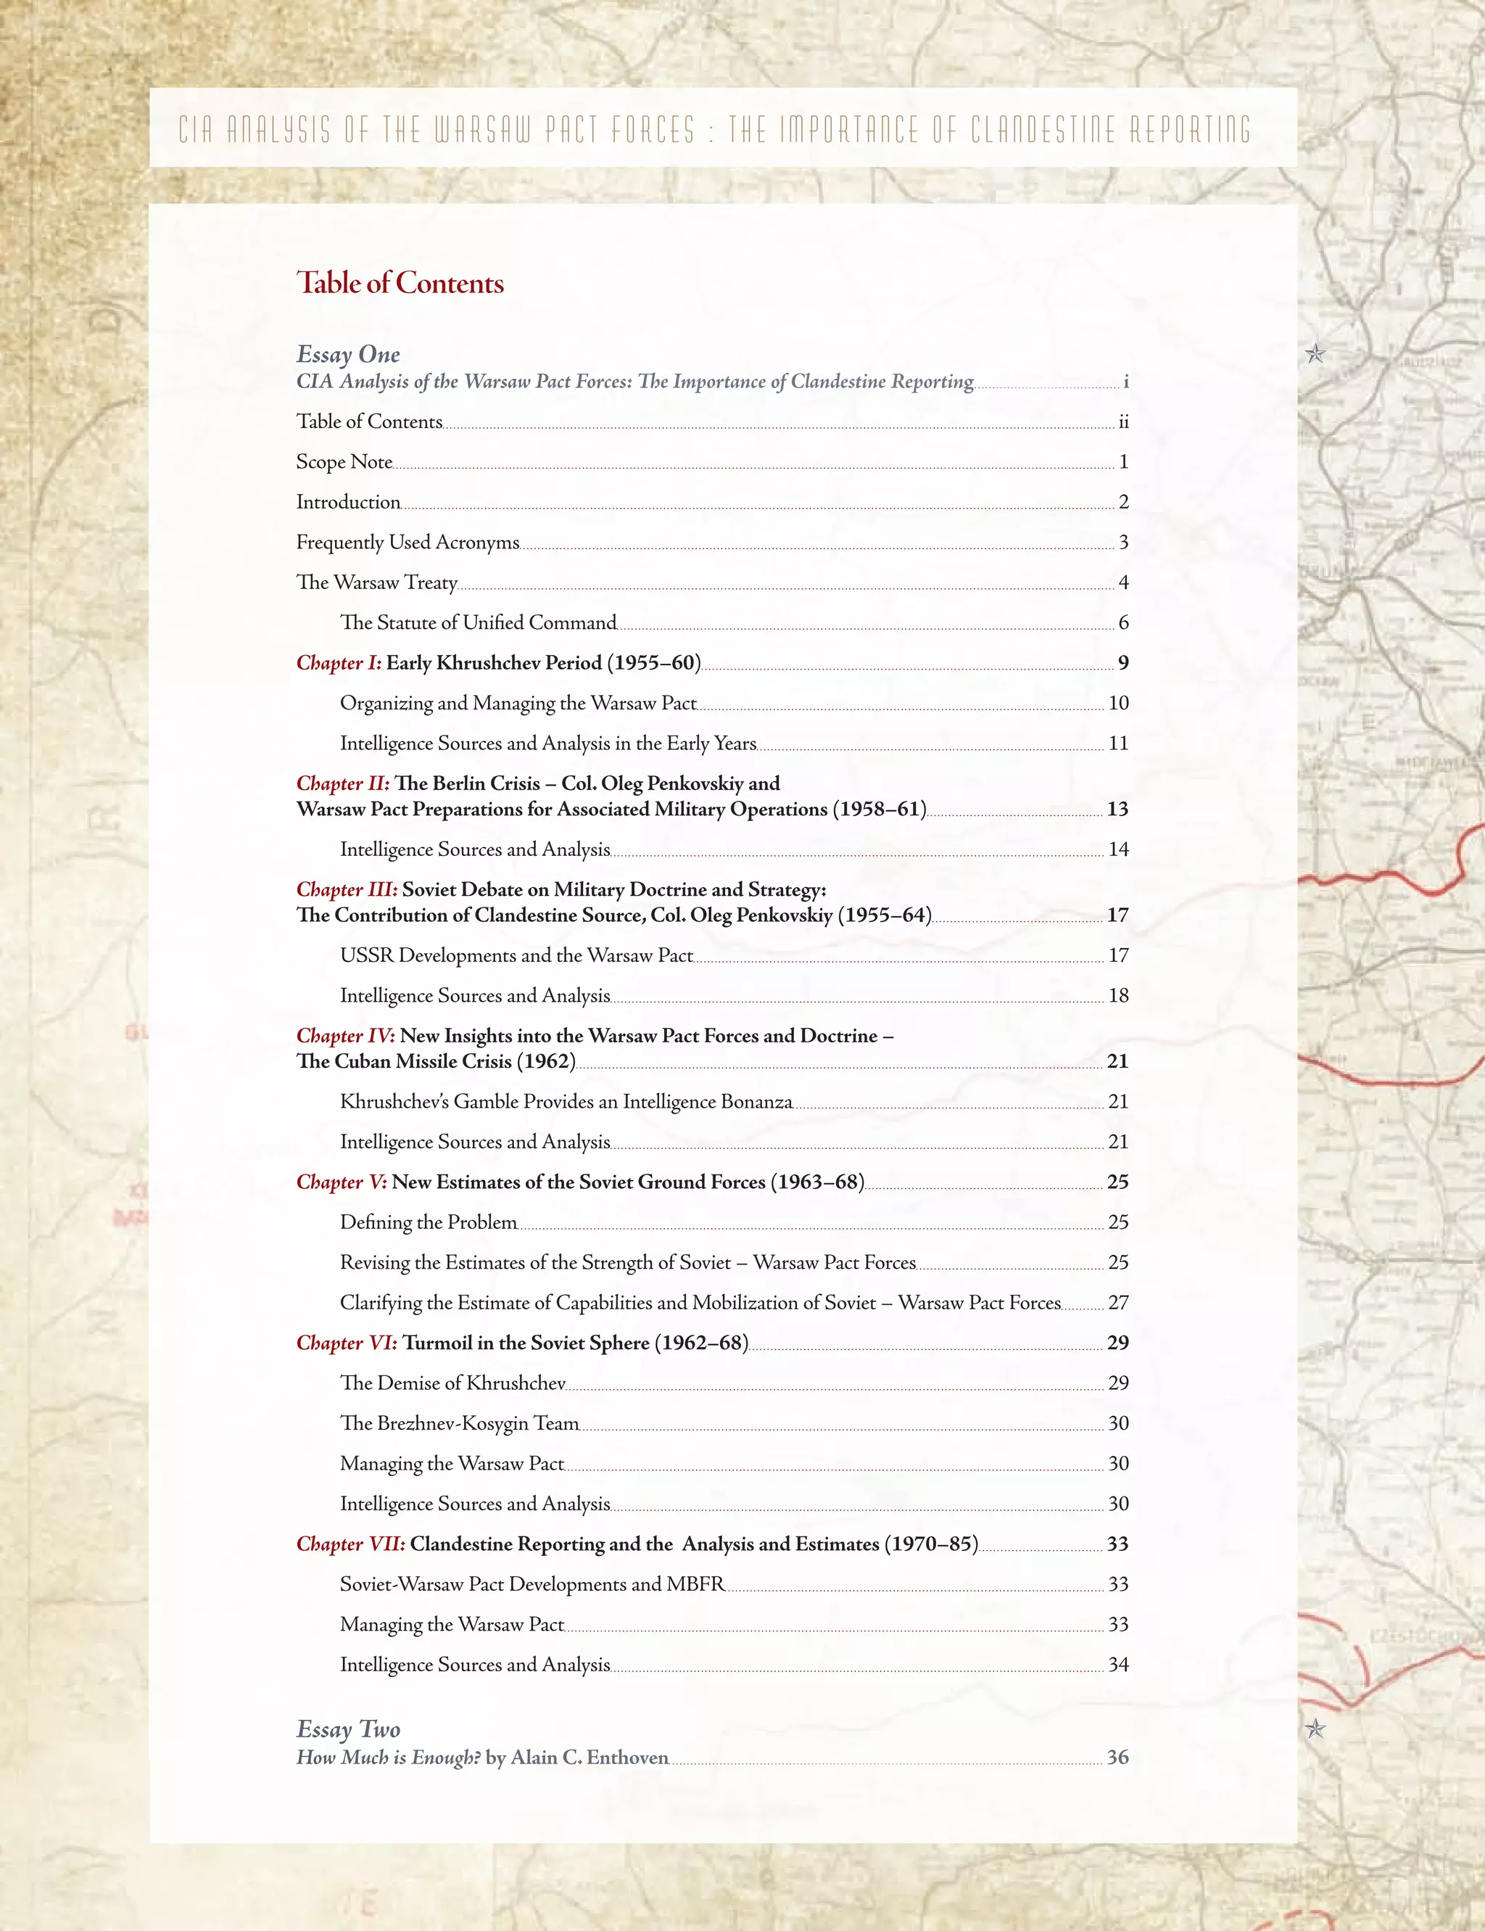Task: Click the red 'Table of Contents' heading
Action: coord(400,283)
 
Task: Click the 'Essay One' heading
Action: coord(347,355)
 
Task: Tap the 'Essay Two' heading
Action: coord(347,1729)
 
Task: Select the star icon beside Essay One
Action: coord(1315,355)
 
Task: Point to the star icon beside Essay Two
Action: coord(1315,1728)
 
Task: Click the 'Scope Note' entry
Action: coord(344,461)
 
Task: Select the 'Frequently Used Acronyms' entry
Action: coord(408,542)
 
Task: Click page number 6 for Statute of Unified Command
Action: coord(1123,622)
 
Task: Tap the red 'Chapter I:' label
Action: coord(339,663)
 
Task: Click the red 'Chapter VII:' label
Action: coord(351,1544)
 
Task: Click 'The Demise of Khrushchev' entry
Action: coord(452,1383)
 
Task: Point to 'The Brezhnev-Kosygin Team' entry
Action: coord(460,1422)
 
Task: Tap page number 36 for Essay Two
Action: coord(1117,1757)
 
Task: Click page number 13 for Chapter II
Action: coord(1117,809)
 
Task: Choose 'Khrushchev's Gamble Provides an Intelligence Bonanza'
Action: coord(566,1102)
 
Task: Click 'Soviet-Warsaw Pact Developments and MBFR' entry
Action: coord(532,1584)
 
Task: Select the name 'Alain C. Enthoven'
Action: coord(589,1757)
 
